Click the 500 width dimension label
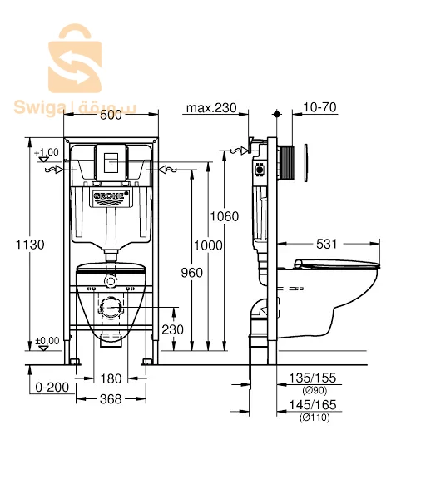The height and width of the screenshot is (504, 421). coord(111,115)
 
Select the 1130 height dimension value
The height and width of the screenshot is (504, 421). coord(30,245)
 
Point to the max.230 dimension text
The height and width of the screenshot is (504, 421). coord(211,108)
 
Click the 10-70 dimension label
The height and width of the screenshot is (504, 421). coord(320,107)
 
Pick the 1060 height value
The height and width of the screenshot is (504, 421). coord(225,216)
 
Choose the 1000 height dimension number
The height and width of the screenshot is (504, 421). coord(208,245)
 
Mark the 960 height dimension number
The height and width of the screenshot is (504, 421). coord(191,273)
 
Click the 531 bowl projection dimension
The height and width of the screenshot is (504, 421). coord(327,244)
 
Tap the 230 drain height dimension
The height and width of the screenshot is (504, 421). coord(173,329)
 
